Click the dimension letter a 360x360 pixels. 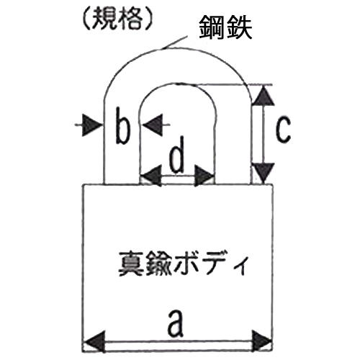coord(176,323)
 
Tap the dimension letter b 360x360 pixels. coord(123,126)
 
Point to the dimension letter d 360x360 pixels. coord(176,155)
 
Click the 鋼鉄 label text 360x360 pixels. coord(225,27)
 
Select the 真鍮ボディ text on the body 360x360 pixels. coord(183,264)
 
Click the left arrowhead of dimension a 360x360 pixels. coord(94,341)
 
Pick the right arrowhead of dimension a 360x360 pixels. coord(261,341)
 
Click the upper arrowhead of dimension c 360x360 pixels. coord(264,95)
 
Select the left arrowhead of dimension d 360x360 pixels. coord(150,176)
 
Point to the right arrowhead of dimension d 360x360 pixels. coord(204,176)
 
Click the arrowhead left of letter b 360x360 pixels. coord(91,125)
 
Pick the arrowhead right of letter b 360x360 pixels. coord(153,125)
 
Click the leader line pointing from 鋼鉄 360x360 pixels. coord(174,42)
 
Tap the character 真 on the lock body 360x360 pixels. coord(130,264)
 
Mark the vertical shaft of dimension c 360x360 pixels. coord(264,135)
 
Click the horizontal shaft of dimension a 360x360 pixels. coord(179,341)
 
